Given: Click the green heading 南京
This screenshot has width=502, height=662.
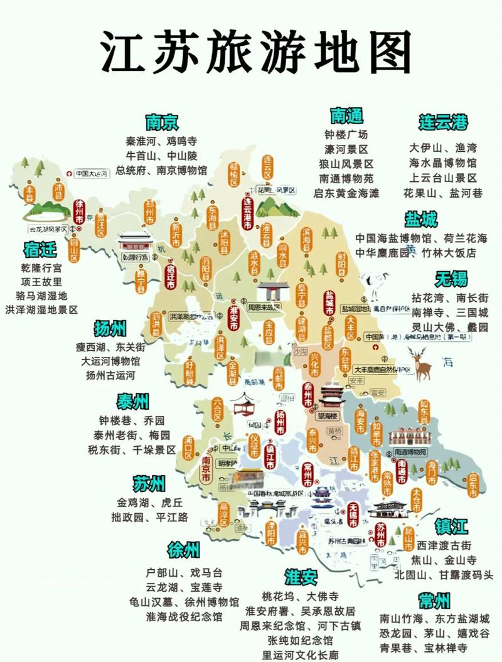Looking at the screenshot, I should [x=162, y=121].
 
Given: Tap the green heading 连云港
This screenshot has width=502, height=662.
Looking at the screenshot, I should [x=443, y=121].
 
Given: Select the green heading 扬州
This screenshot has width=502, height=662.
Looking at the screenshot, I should [x=110, y=328].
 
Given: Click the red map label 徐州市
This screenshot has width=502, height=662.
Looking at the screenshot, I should [x=80, y=216].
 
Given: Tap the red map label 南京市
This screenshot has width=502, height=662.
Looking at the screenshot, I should [x=205, y=467].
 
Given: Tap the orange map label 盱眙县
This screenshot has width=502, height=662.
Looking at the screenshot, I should [x=190, y=371].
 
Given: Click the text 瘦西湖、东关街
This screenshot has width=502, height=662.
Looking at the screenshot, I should [x=110, y=347].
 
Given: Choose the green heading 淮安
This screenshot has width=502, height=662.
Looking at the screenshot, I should [x=301, y=577].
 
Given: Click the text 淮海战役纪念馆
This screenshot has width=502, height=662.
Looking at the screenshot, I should [x=184, y=616].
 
